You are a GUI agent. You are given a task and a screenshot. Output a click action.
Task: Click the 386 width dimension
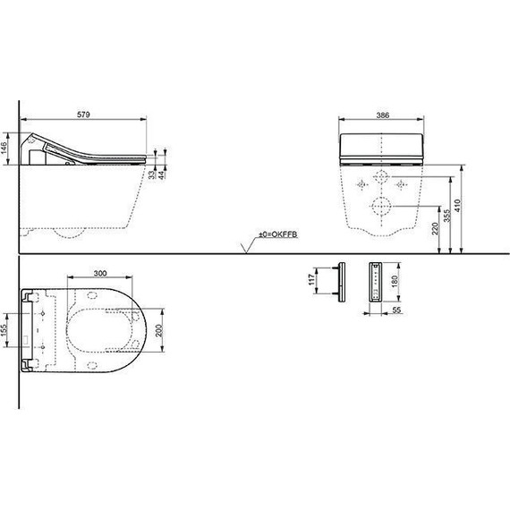point(381,115)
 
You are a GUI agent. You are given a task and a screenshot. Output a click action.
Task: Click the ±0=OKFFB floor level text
point(277,235)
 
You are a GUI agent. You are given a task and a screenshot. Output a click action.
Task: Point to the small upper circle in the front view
point(381,175)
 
